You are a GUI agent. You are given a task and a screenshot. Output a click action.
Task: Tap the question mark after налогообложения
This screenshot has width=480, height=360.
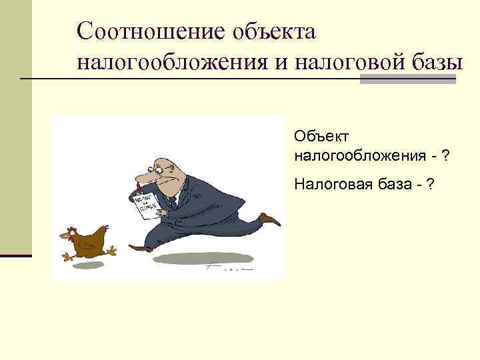(x=445, y=156)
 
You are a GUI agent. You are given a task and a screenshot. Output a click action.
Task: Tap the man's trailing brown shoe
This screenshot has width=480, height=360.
(x=270, y=219)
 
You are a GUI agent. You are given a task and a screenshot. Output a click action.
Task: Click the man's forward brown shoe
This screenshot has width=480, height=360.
(x=141, y=249)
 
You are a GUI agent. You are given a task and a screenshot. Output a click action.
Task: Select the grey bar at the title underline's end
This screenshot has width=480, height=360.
(x=407, y=79)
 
